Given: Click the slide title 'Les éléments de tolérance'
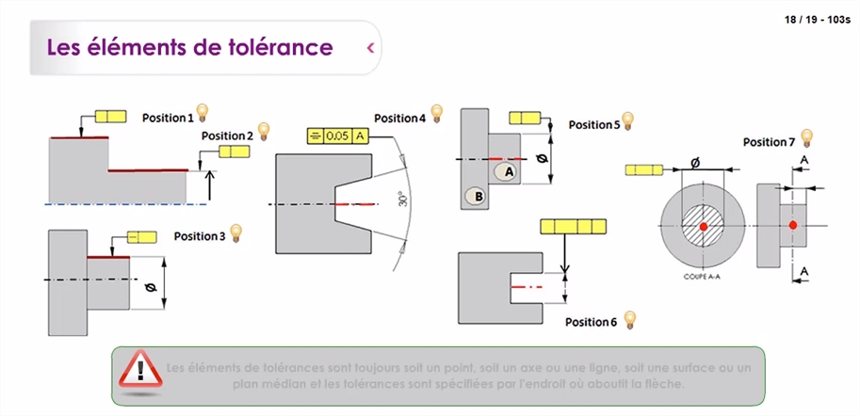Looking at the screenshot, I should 189,46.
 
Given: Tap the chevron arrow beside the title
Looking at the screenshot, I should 371,46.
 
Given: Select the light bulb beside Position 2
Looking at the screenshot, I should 264,133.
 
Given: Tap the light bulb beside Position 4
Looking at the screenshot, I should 435,116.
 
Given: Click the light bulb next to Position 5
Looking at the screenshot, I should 628,122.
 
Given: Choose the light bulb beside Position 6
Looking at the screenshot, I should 631,321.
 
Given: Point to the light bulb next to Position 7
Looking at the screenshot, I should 807,139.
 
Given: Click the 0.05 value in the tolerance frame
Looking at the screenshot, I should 336,136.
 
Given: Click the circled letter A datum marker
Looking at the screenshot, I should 508,172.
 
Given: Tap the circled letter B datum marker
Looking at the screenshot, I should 476,196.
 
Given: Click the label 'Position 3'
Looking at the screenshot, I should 200,236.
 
